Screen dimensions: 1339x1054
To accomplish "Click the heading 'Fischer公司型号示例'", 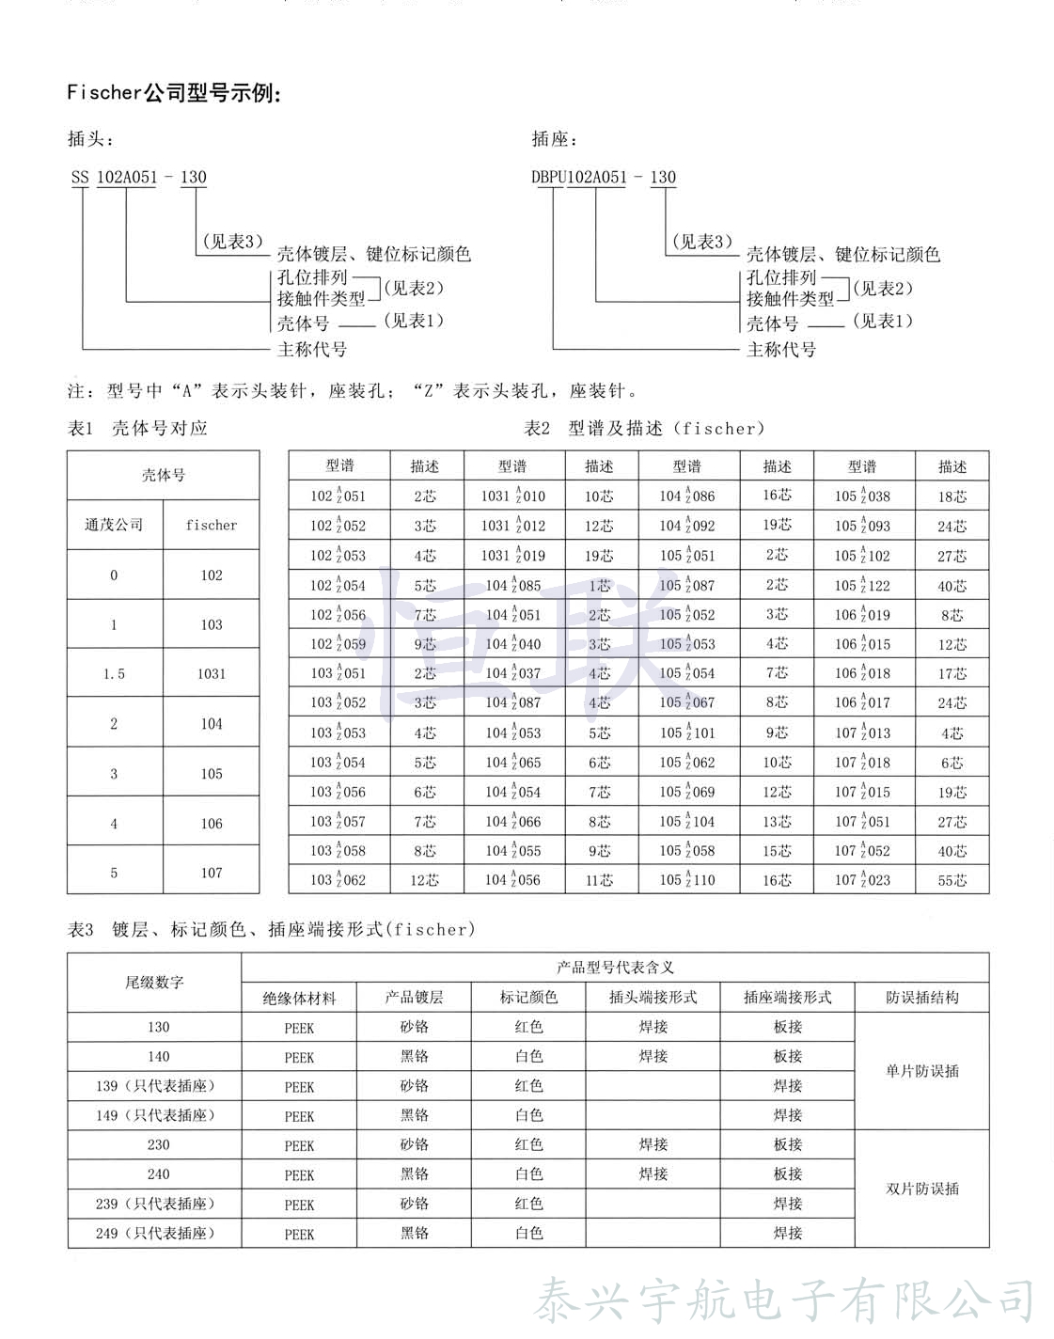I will pyautogui.click(x=174, y=92).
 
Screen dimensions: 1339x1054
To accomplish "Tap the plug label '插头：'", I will pyautogui.click(x=90, y=139).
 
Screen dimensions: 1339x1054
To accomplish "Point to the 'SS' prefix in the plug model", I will pyautogui.click(x=80, y=177).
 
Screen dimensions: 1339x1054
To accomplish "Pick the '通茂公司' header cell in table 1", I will pyautogui.click(x=114, y=525).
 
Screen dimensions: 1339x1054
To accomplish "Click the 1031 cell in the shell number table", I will pyautogui.click(x=212, y=673).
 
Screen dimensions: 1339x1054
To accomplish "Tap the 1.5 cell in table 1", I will pyautogui.click(x=114, y=673).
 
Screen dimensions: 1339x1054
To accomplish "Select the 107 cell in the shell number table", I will pyautogui.click(x=212, y=873).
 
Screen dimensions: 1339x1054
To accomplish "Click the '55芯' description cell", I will pyautogui.click(x=952, y=881).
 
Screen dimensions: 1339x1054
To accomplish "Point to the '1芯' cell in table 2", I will pyautogui.click(x=599, y=586).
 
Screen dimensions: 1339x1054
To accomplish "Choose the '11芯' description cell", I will pyautogui.click(x=599, y=881).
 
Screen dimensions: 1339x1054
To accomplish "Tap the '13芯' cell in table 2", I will pyautogui.click(x=777, y=822).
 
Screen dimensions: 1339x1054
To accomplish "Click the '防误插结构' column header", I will pyautogui.click(x=921, y=998).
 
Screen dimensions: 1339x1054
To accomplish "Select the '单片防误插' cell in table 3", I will pyautogui.click(x=921, y=1071).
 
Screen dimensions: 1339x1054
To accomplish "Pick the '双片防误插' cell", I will pyautogui.click(x=921, y=1189).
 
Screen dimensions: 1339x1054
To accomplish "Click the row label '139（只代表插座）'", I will pyautogui.click(x=155, y=1086).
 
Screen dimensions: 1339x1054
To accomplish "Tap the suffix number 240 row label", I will pyautogui.click(x=158, y=1174).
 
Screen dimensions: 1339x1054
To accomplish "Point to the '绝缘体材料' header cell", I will pyautogui.click(x=299, y=998).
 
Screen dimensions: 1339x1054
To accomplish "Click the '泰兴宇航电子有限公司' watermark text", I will pyautogui.click(x=784, y=1301).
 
